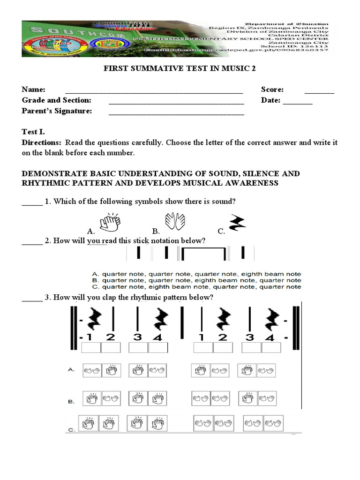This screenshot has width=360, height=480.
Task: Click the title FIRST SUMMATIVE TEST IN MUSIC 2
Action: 180,68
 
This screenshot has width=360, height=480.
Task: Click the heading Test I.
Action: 33,132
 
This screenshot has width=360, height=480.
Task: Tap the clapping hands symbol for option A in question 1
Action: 109,223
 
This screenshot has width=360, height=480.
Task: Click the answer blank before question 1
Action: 32,203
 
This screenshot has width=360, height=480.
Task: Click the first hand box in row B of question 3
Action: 91,399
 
